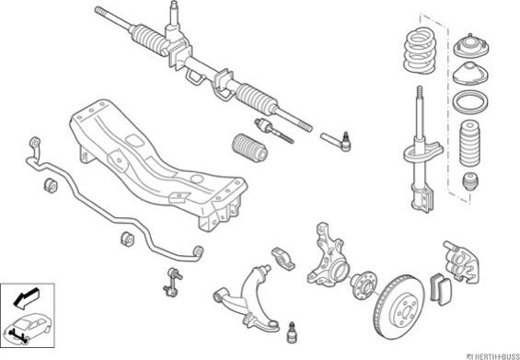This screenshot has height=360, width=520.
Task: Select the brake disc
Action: click(399, 306)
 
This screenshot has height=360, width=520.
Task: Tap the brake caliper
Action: click(461, 261)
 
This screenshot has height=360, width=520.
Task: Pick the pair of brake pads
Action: click(441, 289)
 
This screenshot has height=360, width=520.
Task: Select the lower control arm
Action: click(249, 298)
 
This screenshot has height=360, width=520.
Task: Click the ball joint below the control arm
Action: click(292, 332)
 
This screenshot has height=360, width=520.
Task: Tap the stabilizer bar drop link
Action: click(173, 282)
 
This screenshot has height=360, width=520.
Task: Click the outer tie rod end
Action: click(337, 142)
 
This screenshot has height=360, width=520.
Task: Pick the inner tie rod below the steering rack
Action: click(274, 131)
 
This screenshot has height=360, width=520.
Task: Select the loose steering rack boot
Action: click(249, 147)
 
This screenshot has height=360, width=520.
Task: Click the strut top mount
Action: click(471, 45)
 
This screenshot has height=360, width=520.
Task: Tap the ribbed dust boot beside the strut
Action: click(469, 144)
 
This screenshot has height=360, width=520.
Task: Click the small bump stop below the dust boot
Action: click(470, 180)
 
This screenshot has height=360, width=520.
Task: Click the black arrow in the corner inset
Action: click(27, 297)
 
